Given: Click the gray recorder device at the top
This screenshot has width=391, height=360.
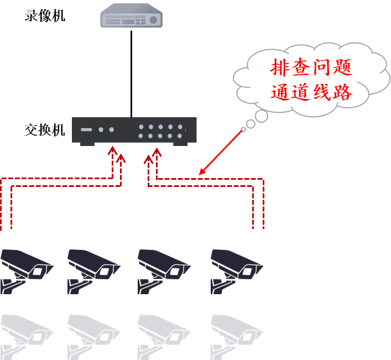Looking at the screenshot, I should [x=132, y=17].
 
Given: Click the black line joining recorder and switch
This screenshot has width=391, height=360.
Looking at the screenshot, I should [x=132, y=72].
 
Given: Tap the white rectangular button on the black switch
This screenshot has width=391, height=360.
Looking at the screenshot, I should [x=86, y=130].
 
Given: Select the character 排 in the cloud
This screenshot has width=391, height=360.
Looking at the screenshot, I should [x=281, y=68].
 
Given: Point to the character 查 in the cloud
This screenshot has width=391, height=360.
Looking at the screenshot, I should [x=304, y=68].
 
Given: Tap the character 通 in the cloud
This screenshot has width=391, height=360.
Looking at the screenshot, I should [x=281, y=91].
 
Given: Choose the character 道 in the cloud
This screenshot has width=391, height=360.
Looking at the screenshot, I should [x=304, y=91].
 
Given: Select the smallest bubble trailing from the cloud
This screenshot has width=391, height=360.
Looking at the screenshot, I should [x=243, y=130].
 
